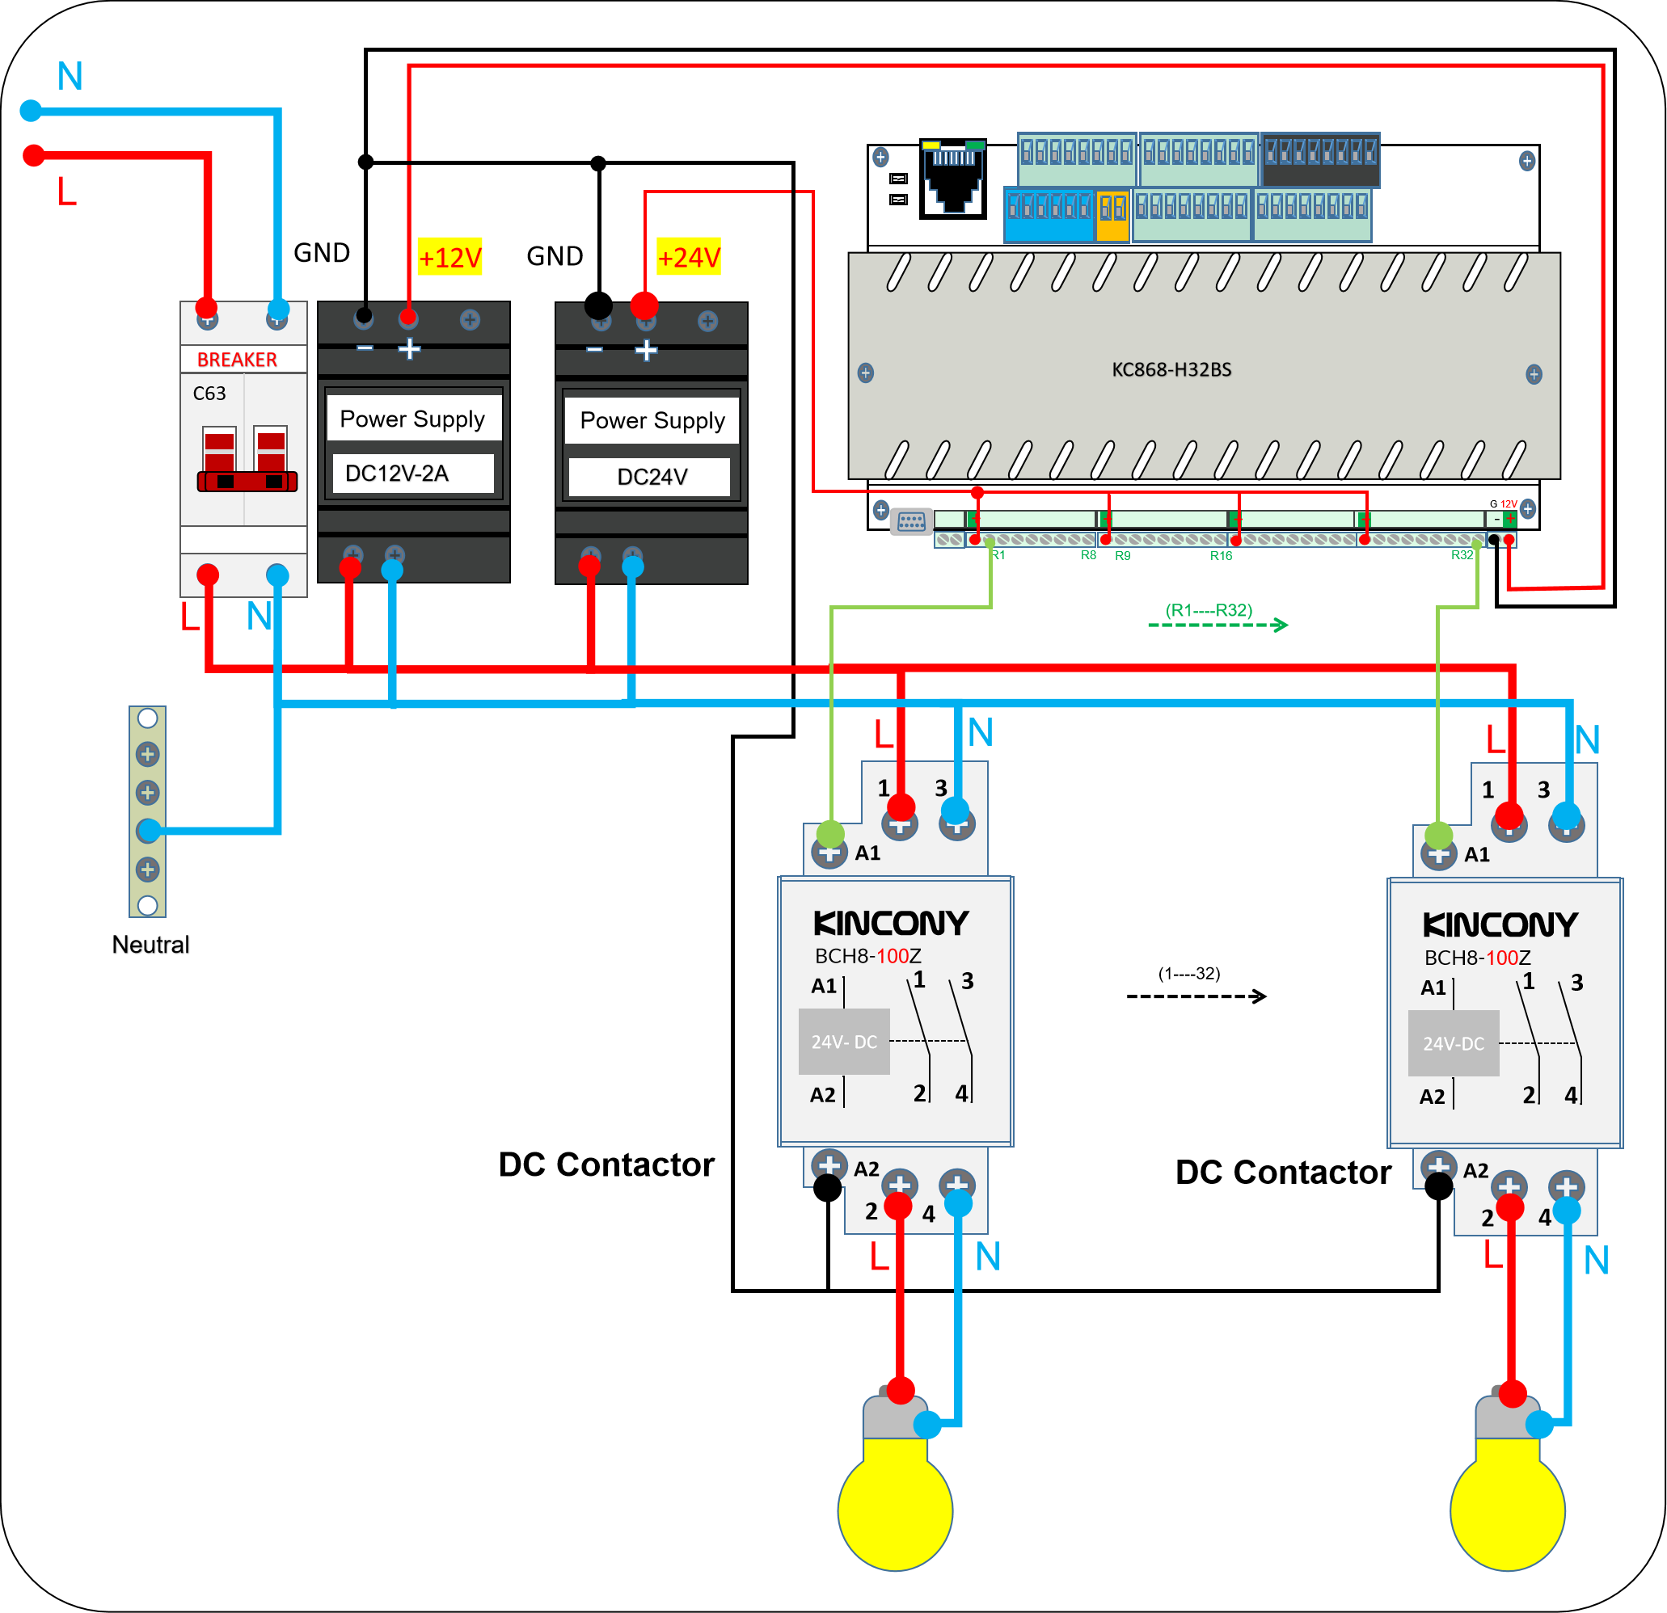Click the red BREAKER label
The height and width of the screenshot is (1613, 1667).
[238, 360]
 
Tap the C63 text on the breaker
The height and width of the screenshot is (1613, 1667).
[209, 394]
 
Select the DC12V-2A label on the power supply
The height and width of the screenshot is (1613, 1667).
[397, 474]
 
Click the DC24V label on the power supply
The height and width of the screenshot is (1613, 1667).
[652, 477]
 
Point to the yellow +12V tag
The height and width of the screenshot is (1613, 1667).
[450, 257]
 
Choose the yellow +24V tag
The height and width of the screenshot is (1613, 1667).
[689, 257]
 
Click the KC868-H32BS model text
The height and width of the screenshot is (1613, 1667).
[1171, 370]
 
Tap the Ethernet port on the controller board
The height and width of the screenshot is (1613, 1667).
[953, 179]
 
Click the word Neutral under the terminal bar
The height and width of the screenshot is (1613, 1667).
[150, 945]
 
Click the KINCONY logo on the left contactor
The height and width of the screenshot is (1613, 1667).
[890, 924]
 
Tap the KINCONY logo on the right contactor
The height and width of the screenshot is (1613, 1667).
[1500, 925]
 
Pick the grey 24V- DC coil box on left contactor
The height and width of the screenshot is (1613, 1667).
[844, 1042]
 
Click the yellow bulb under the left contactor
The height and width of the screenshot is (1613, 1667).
[895, 1510]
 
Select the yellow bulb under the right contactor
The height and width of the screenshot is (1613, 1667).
[1507, 1510]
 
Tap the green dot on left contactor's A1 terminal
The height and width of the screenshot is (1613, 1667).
[831, 834]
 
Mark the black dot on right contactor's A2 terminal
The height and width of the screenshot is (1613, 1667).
[1438, 1186]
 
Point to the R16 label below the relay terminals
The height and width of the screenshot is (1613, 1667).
[1221, 556]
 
